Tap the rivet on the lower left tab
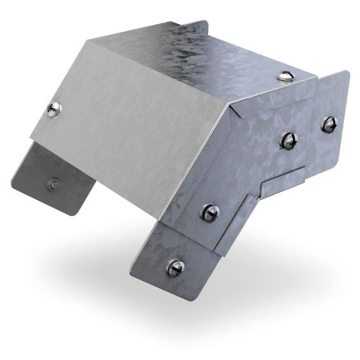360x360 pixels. point(52,184)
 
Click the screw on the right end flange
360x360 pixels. point(328,123)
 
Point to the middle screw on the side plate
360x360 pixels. point(211,210)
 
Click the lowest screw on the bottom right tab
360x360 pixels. point(174,267)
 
